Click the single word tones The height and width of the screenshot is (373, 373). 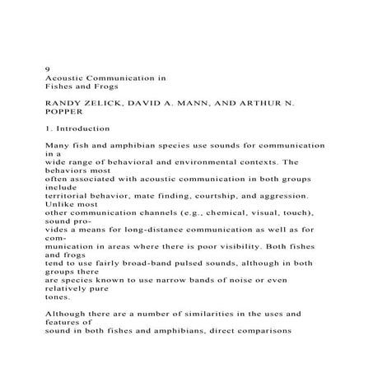[58, 298]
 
